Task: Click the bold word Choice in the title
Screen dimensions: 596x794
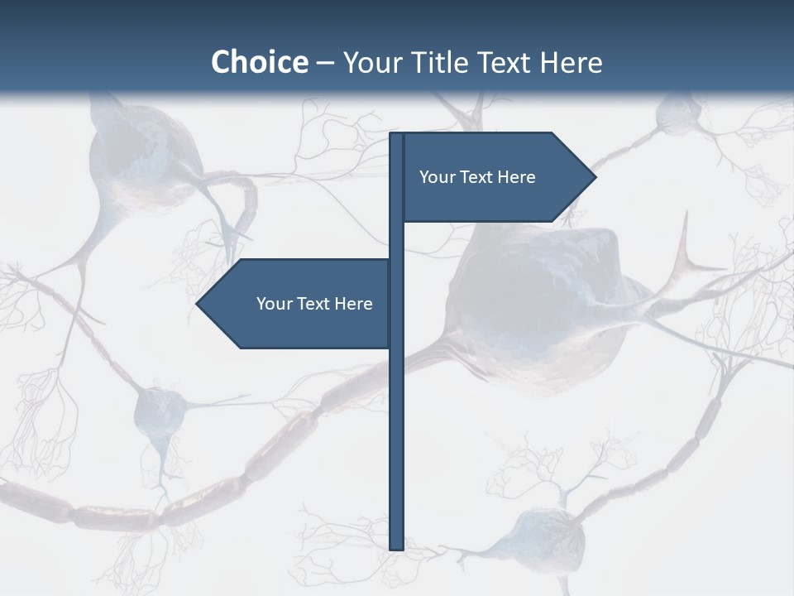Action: point(259,62)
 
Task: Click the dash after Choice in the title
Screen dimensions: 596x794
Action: point(325,63)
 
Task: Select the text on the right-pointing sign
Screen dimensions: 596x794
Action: point(477,177)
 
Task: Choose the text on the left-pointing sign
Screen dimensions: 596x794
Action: point(314,304)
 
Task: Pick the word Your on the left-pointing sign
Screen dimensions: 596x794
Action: point(274,304)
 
